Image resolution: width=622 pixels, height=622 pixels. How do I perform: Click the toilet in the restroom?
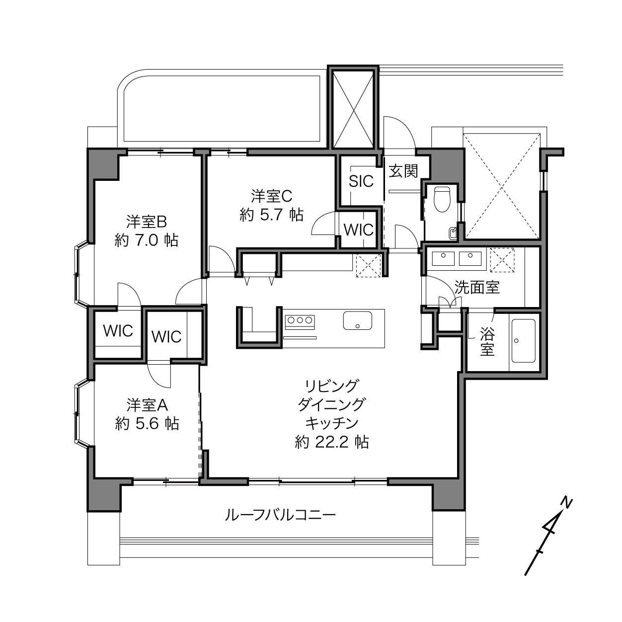(x=442, y=200)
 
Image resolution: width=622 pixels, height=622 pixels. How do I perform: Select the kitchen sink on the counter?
(x=357, y=320)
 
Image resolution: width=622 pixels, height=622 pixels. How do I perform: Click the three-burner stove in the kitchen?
(x=300, y=322)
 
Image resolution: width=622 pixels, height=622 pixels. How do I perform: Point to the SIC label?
(x=361, y=181)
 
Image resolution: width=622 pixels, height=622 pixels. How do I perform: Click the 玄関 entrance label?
(x=403, y=171)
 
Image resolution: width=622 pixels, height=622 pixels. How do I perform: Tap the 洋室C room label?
(x=271, y=196)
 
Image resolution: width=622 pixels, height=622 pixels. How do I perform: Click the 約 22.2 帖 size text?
(x=332, y=442)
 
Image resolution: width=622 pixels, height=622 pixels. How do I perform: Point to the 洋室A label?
(x=147, y=405)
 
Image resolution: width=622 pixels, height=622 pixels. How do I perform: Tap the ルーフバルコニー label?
(x=280, y=515)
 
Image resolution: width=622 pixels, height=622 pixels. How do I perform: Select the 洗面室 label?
(x=477, y=287)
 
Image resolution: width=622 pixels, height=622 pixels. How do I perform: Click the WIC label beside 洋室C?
(x=359, y=230)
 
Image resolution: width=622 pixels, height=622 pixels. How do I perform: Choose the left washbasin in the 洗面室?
(x=443, y=259)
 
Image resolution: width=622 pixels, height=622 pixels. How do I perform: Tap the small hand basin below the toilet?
(x=453, y=233)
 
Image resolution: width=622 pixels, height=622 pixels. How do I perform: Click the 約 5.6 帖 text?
(x=147, y=424)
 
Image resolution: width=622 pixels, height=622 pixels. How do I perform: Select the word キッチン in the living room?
(x=332, y=423)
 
